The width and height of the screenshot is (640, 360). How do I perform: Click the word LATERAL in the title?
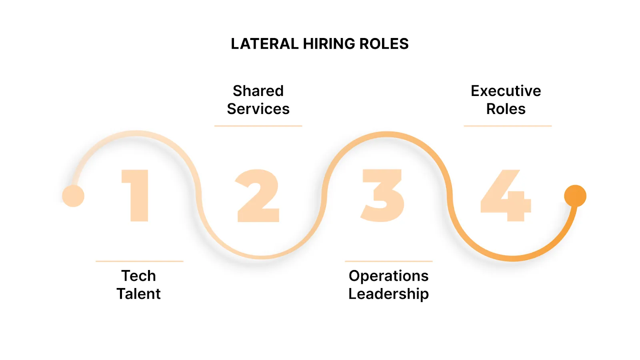click(264, 44)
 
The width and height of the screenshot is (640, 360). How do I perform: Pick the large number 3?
click(382, 195)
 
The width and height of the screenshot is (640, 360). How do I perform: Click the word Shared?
click(258, 91)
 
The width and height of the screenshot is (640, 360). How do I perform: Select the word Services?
click(258, 109)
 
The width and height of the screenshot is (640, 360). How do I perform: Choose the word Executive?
click(506, 91)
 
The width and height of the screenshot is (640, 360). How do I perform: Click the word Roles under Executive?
click(506, 109)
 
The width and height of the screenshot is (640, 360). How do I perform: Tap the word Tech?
click(139, 276)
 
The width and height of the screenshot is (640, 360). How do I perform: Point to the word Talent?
click(139, 294)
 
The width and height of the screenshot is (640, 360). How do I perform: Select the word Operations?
click(389, 276)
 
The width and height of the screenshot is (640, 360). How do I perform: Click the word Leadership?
click(389, 294)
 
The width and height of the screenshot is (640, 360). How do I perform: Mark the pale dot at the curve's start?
click(73, 196)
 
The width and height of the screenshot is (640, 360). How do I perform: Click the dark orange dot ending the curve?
click(575, 196)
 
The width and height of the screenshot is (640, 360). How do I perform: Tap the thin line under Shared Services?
click(258, 126)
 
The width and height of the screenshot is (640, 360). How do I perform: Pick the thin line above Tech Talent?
click(140, 261)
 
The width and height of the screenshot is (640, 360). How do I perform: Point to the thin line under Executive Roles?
click(508, 126)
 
